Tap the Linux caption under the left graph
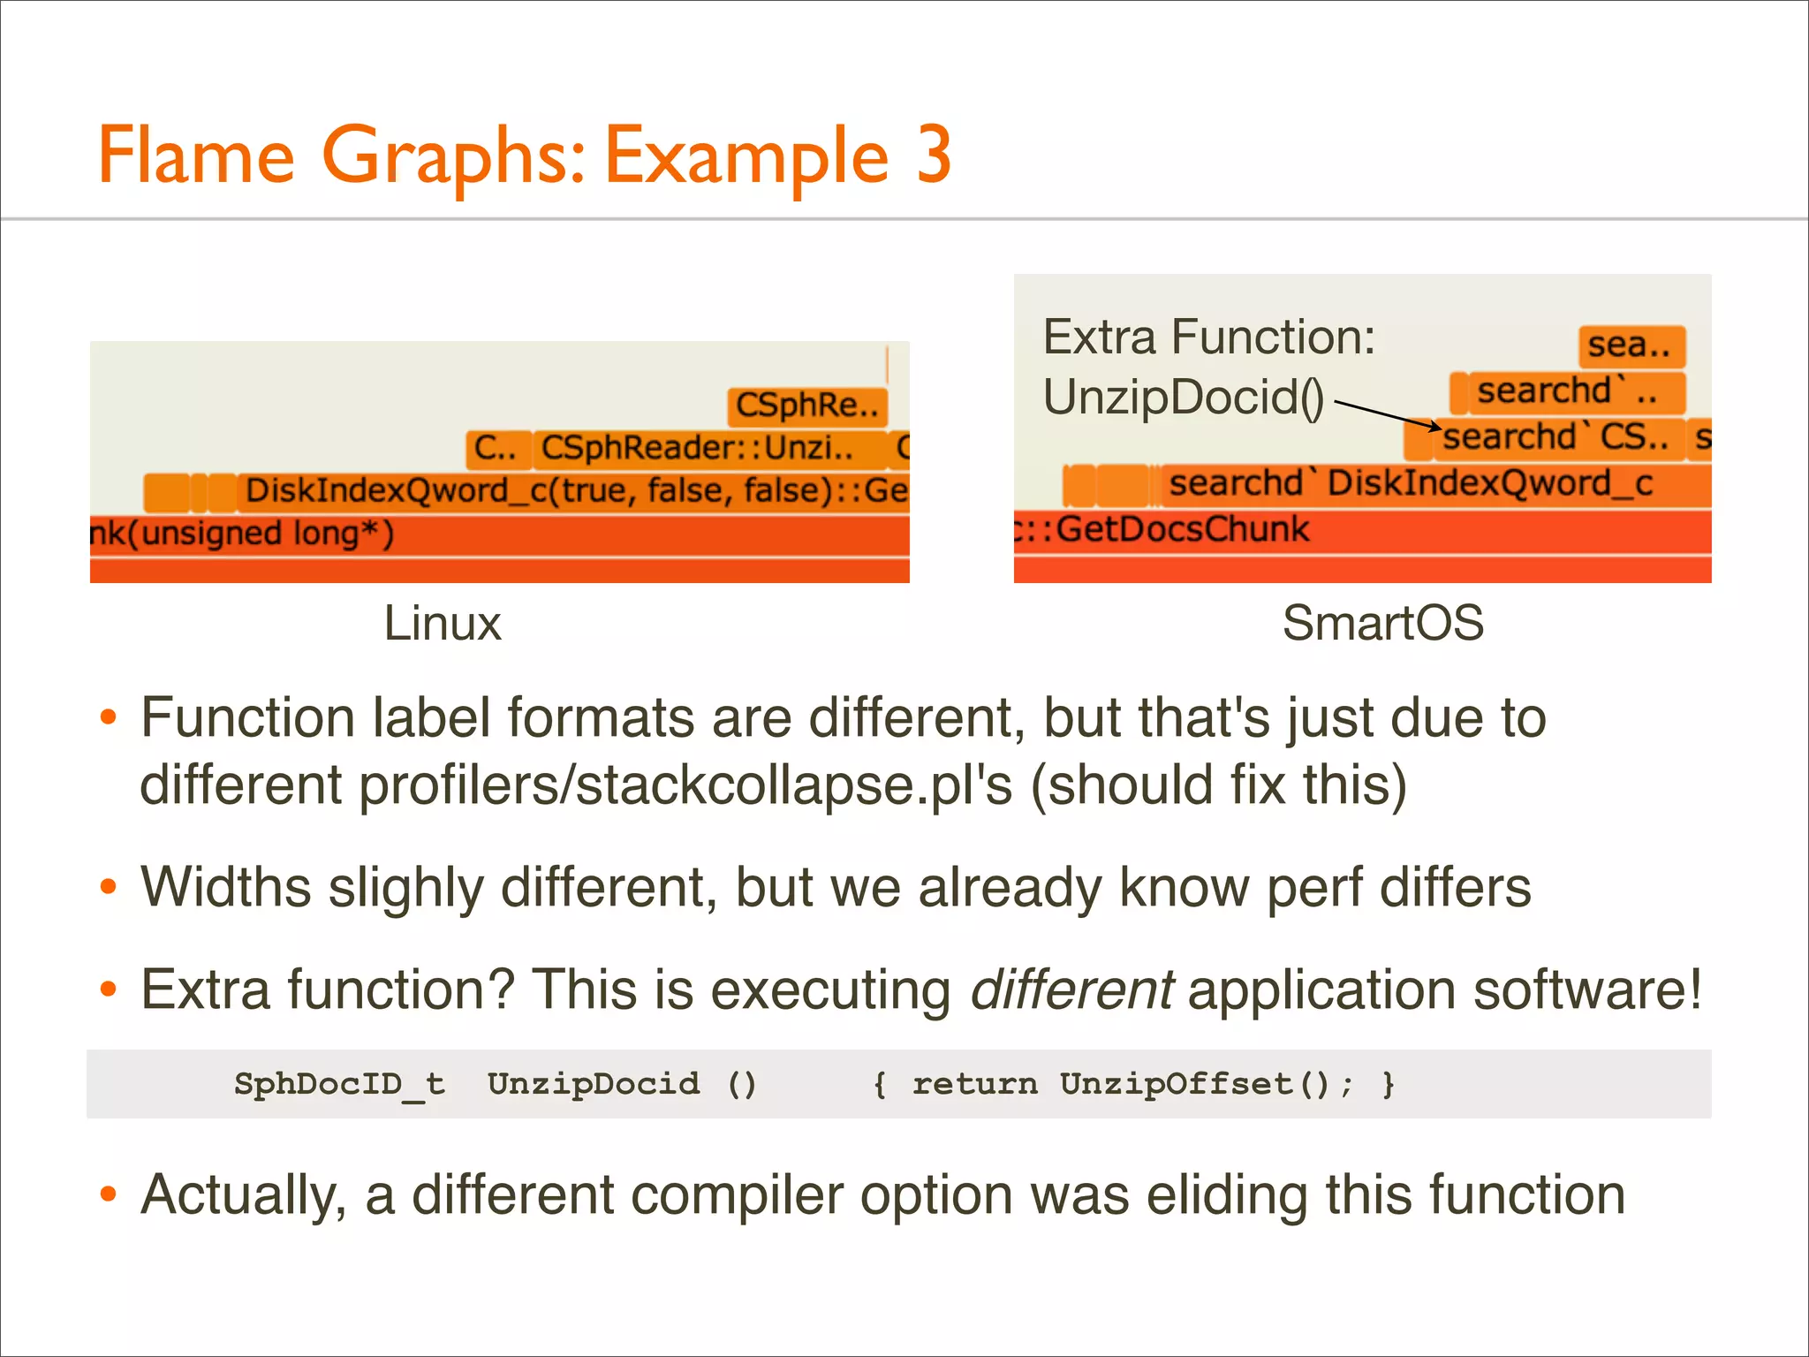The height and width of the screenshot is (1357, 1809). coord(443,624)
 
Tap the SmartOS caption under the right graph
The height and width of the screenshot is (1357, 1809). coord(1382,624)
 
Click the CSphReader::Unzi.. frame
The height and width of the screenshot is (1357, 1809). coord(698,449)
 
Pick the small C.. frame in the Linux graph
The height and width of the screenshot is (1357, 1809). coord(496,449)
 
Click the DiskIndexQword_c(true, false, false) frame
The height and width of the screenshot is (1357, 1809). coord(574,491)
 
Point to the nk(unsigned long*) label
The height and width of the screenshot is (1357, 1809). coord(243,534)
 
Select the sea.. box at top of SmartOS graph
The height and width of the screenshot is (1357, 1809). coord(1631,345)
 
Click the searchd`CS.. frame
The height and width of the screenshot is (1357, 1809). coord(1555,437)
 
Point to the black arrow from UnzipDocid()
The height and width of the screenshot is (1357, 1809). coord(1387,415)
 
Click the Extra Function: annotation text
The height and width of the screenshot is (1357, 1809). coord(1208,337)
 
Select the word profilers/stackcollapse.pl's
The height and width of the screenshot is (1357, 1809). coord(685,785)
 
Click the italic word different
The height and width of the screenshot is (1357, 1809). coord(1071,989)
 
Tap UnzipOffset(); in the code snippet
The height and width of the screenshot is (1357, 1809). coord(1206,1084)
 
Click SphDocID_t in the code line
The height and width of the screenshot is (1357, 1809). coord(339,1084)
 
